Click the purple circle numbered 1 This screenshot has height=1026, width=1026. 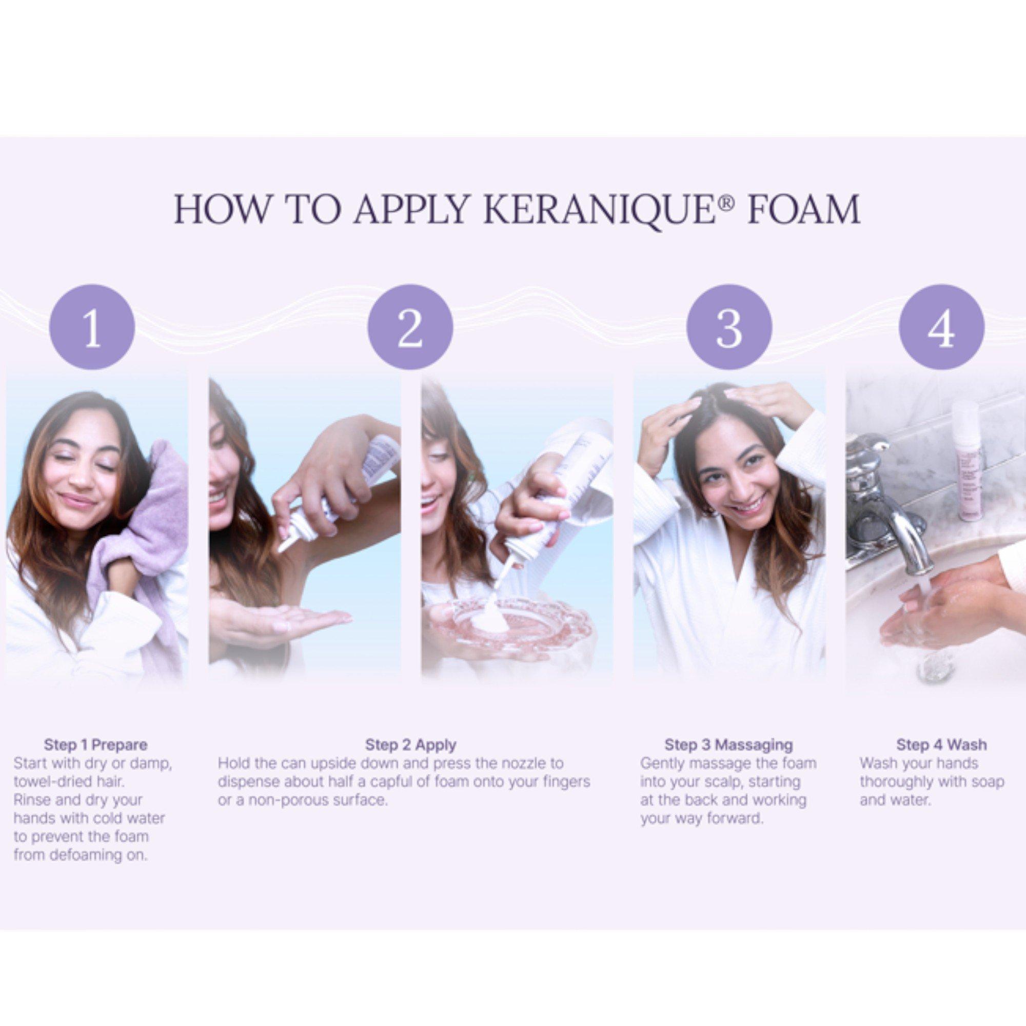pyautogui.click(x=92, y=328)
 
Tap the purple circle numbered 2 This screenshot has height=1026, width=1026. pyautogui.click(x=410, y=328)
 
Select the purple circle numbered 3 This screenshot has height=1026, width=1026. pyautogui.click(x=728, y=328)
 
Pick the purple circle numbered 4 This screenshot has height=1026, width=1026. pyautogui.click(x=941, y=328)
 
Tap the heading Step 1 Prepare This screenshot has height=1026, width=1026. pyautogui.click(x=95, y=745)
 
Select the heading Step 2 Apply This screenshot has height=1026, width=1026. pyautogui.click(x=410, y=745)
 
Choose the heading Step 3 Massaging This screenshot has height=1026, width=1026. pyautogui.click(x=728, y=745)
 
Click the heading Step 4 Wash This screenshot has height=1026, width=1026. pyautogui.click(x=941, y=744)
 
